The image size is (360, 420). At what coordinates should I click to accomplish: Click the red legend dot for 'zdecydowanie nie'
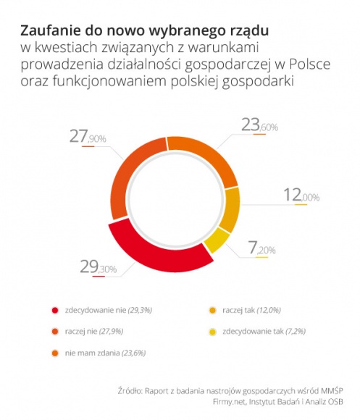point(54,310)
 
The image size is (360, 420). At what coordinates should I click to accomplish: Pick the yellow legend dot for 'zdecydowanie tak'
point(212,331)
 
